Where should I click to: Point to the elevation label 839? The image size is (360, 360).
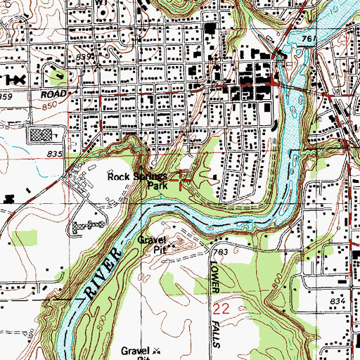pos(84,56)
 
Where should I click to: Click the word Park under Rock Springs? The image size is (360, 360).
pos(156,186)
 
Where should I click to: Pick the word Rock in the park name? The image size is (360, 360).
pos(117,176)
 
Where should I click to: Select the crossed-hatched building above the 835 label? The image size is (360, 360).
pos(41,135)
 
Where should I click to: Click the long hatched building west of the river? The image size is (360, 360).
pos(88,226)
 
